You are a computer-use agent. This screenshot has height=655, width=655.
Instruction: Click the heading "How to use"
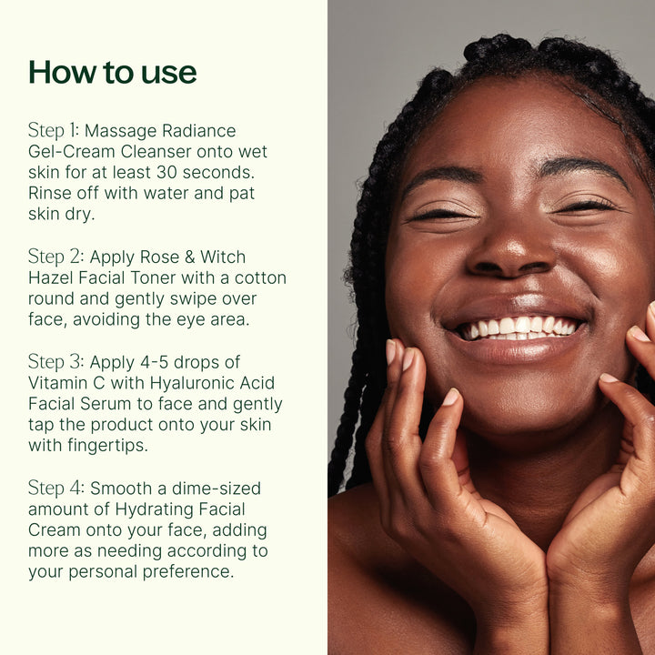(x=113, y=72)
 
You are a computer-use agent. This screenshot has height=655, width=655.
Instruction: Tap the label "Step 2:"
(x=56, y=257)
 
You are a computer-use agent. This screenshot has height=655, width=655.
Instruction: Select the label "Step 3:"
(x=56, y=363)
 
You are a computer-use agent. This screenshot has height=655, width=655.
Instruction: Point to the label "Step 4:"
(x=56, y=489)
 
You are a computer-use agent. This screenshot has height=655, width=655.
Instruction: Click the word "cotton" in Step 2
(x=259, y=278)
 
